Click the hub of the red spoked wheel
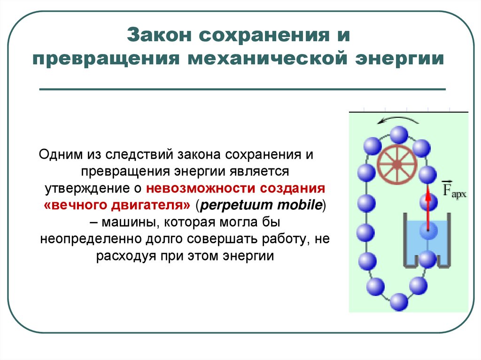point(397,164)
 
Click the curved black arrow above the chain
point(395,121)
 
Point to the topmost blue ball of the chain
point(399,136)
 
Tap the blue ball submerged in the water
point(428,230)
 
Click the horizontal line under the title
point(242,89)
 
